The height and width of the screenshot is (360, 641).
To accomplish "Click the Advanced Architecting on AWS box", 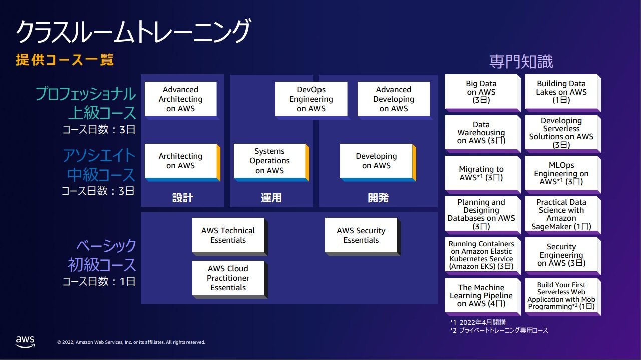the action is (x=181, y=99).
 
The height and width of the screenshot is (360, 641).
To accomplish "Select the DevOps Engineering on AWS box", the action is (x=311, y=99).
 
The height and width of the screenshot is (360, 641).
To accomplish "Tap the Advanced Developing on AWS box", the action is (x=394, y=99).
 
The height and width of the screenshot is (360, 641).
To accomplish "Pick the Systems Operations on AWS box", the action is (x=269, y=161).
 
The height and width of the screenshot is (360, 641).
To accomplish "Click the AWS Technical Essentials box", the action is (x=228, y=235).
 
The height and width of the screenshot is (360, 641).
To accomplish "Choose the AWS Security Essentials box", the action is (x=361, y=235).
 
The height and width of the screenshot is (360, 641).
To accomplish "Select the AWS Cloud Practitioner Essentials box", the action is (x=228, y=278).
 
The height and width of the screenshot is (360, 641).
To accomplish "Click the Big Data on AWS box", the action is (x=481, y=92).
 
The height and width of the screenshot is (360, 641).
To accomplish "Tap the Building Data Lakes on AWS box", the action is (x=561, y=92).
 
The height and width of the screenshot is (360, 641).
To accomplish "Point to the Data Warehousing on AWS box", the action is (x=481, y=133).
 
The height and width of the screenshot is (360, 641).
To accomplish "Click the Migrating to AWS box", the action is (x=481, y=173).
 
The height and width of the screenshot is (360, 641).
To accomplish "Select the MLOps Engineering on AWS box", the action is (x=561, y=173).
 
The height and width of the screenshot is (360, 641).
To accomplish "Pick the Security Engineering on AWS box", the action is (x=561, y=255).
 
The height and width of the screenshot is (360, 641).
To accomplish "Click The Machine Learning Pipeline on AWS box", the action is (x=481, y=295).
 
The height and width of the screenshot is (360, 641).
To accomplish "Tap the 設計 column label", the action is (x=183, y=198).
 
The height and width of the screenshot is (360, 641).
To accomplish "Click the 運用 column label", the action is (x=271, y=198).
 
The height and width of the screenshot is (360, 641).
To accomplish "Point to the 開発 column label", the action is (x=378, y=198).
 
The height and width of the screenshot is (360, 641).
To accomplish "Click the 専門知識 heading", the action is (x=521, y=61).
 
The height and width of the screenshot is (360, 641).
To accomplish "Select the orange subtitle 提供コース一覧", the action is (x=65, y=60).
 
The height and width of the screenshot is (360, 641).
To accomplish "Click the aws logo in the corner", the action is (x=25, y=342).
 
